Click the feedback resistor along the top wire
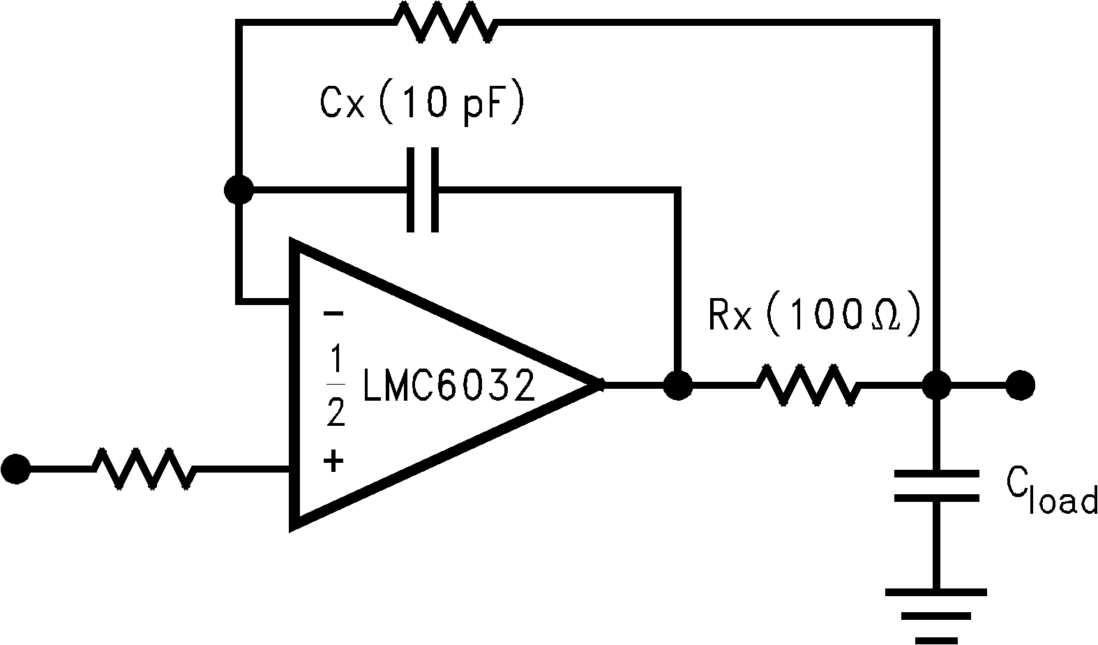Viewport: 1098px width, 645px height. pyautogui.click(x=446, y=23)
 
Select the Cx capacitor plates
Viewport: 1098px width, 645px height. pyautogui.click(x=423, y=189)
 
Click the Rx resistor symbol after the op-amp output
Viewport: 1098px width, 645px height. pyautogui.click(x=808, y=385)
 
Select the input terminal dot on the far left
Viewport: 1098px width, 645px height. pyautogui.click(x=15, y=468)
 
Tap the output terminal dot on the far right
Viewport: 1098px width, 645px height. pyautogui.click(x=1020, y=385)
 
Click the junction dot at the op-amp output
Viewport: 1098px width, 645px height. pyautogui.click(x=677, y=385)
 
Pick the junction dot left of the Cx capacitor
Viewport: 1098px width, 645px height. pyautogui.click(x=239, y=189)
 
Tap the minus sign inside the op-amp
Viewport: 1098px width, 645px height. pyautogui.click(x=333, y=314)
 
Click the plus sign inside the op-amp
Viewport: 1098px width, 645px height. pyautogui.click(x=333, y=460)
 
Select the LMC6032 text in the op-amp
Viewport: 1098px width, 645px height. pyautogui.click(x=449, y=386)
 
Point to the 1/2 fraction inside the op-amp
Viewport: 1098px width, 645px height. pyautogui.click(x=336, y=386)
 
